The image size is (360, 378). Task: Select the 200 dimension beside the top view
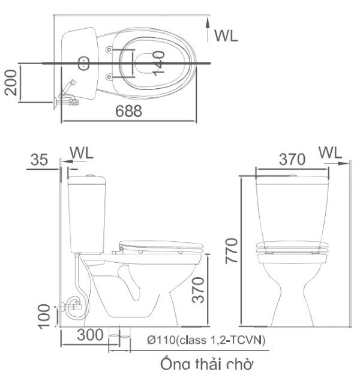[10, 82]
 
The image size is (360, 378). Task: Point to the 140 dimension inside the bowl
[158, 62]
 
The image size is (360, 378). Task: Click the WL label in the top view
[227, 35]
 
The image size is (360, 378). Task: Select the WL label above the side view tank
[82, 153]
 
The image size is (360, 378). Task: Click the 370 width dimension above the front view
[292, 159]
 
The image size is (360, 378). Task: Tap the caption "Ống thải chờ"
[207, 364]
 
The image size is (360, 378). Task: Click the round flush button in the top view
[85, 62]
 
